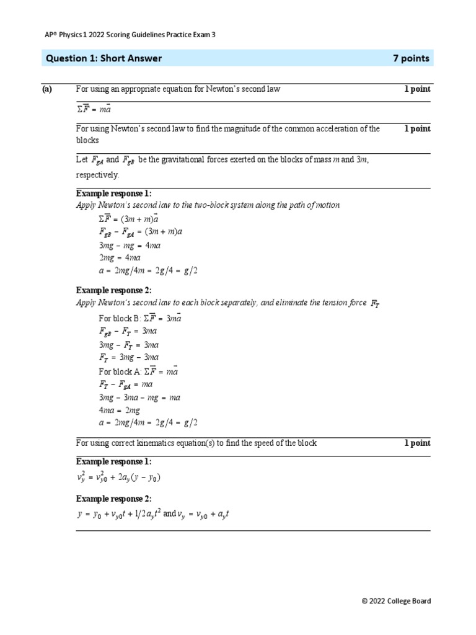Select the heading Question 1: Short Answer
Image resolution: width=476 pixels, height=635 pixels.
pos(104,58)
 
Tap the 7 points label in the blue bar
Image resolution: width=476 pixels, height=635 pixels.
pos(411,58)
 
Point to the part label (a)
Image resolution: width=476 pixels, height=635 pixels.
pos(47,89)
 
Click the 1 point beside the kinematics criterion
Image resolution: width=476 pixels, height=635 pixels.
pos(417,443)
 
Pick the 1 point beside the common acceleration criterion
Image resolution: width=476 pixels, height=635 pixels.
pos(417,129)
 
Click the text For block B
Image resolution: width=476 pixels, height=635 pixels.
pos(120,318)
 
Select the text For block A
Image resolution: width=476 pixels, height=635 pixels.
pos(120,371)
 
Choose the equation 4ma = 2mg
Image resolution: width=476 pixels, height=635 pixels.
pos(120,411)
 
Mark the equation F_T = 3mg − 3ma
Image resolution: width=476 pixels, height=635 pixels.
pos(129,358)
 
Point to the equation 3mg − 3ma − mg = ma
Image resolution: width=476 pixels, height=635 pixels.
pos(139,397)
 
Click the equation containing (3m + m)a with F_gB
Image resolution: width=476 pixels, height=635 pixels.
pos(141,231)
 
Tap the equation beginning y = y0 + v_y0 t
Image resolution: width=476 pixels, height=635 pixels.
pos(153,513)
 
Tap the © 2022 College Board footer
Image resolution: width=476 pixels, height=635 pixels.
pos(396,601)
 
